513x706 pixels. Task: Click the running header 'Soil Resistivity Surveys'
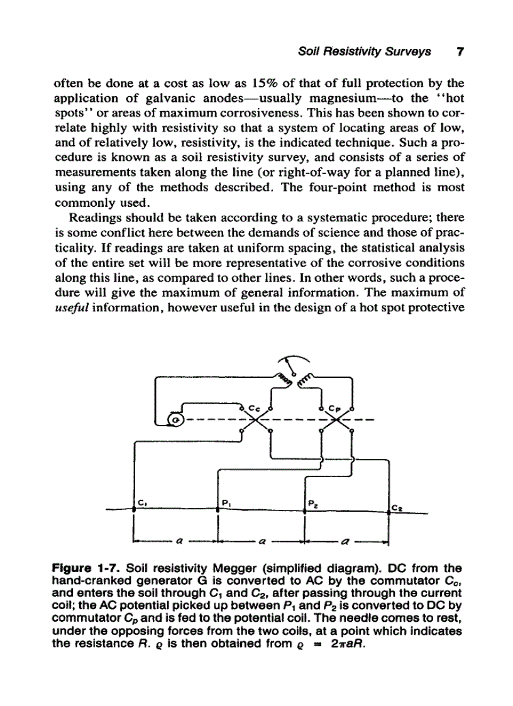tap(365, 52)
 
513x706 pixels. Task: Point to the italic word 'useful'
tap(72, 309)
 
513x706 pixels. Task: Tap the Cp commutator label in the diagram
tap(336, 407)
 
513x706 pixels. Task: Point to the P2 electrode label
tap(312, 503)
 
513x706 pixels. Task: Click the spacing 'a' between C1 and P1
tap(179, 539)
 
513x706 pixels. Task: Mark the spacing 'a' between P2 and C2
tap(346, 539)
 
